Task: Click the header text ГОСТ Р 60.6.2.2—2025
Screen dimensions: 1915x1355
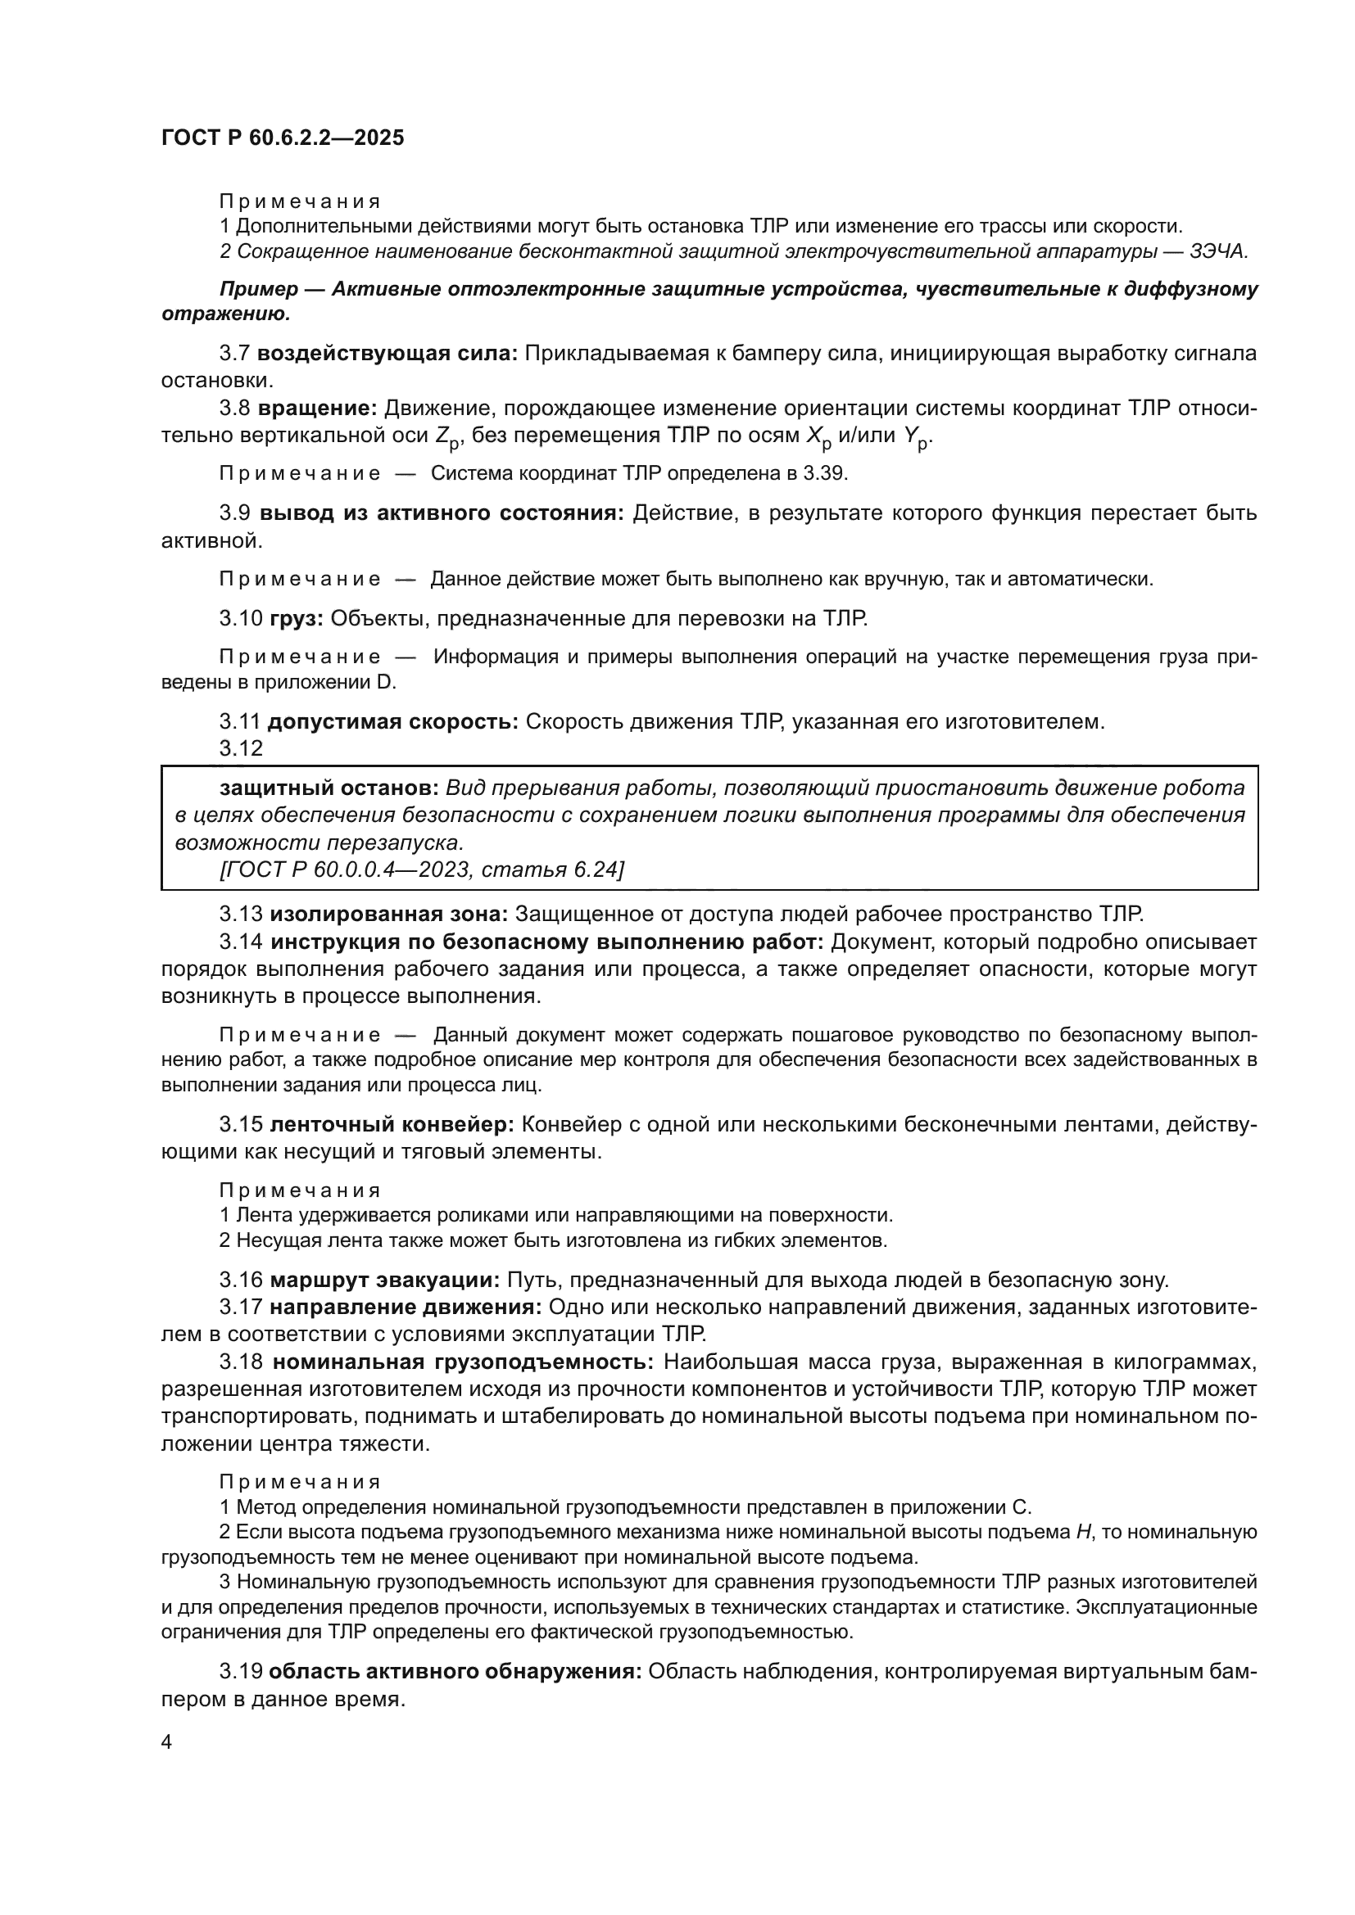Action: (x=283, y=138)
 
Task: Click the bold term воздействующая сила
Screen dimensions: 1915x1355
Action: (x=387, y=353)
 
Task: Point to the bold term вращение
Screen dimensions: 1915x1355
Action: (x=318, y=408)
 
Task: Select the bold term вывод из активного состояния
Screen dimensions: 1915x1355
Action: (x=442, y=513)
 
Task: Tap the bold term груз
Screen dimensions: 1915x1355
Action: (x=297, y=618)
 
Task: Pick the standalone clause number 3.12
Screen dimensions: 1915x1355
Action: (x=241, y=748)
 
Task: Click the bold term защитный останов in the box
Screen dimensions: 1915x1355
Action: (x=329, y=788)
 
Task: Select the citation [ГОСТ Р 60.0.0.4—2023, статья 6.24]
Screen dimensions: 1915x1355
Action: (x=421, y=869)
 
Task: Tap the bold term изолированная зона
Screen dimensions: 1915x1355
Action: (x=389, y=915)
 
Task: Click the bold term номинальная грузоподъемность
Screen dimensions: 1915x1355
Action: (x=464, y=1362)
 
